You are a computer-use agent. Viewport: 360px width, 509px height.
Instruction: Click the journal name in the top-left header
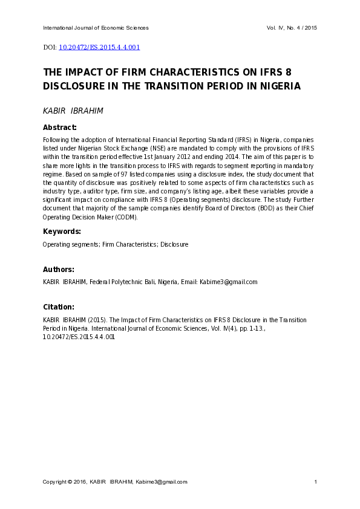tap(96, 28)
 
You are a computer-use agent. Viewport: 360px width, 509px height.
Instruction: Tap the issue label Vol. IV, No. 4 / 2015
tap(292, 28)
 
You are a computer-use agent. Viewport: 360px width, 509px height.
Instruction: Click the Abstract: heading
tap(59, 128)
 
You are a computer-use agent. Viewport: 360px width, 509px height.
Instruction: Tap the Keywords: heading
tap(61, 232)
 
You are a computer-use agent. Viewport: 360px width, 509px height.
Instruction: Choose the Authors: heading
tap(59, 270)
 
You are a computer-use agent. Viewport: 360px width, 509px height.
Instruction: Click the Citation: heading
tap(59, 307)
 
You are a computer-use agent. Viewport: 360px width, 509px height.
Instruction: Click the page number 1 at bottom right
tap(316, 482)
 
